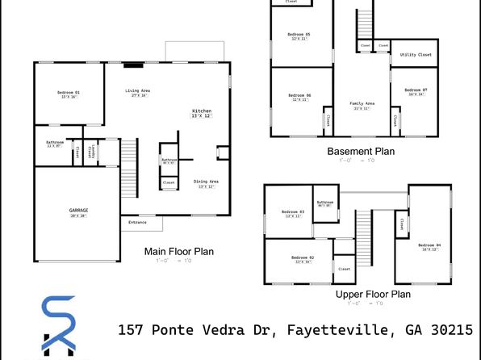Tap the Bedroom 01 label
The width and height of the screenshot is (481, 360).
(x=69, y=94)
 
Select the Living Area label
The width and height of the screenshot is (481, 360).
(x=137, y=90)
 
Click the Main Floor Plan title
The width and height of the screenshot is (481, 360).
(x=178, y=252)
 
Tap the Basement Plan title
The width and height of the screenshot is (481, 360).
(x=362, y=152)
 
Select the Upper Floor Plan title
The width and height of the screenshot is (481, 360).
(x=373, y=295)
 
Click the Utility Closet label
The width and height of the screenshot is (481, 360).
(x=416, y=55)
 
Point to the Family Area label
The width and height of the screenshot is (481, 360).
(x=361, y=103)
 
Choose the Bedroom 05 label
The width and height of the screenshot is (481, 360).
(x=299, y=34)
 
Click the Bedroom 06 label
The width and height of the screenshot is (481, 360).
(x=299, y=96)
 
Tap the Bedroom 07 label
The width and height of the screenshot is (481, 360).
(x=415, y=90)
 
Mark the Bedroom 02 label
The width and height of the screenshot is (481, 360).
(x=303, y=257)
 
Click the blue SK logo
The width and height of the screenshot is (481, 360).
(x=58, y=327)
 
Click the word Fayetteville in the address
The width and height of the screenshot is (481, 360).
(x=324, y=330)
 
